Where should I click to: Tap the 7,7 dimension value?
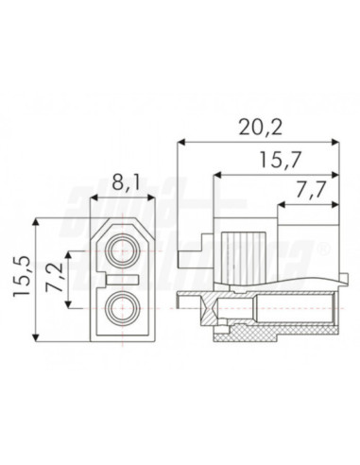pos(307,191)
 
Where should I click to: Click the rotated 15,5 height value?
pos(22,281)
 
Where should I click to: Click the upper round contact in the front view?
pos(122,251)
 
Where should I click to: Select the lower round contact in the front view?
pos(122,307)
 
